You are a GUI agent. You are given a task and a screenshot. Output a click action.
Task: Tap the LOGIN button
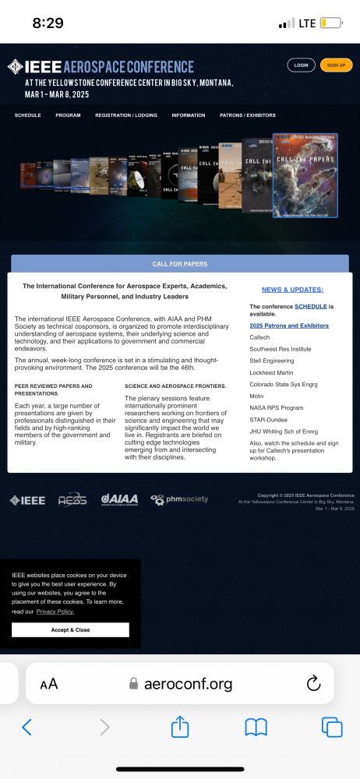[301, 65]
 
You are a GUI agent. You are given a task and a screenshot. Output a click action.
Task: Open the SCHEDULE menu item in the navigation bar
[27, 115]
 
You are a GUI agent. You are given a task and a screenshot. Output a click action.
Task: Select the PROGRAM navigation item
[68, 115]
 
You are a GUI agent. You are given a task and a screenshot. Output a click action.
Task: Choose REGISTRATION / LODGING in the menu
[126, 115]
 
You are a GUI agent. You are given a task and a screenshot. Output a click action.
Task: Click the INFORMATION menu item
[189, 115]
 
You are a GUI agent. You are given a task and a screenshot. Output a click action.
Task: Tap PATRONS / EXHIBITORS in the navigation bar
[248, 115]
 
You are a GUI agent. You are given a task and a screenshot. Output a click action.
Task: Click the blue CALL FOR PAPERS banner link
[180, 264]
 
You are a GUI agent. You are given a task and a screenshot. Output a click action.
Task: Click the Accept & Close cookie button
[70, 629]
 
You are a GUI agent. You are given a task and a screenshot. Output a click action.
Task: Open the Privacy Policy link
[55, 612]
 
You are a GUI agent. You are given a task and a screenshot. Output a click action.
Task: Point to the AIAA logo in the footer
[119, 499]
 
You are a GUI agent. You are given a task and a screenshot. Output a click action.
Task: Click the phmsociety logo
[179, 499]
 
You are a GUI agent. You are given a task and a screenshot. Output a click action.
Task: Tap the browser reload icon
[313, 684]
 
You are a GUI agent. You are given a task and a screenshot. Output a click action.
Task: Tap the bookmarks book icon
[256, 728]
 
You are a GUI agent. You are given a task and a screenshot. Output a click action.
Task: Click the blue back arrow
[26, 728]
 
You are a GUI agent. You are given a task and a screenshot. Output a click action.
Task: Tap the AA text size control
[49, 684]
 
